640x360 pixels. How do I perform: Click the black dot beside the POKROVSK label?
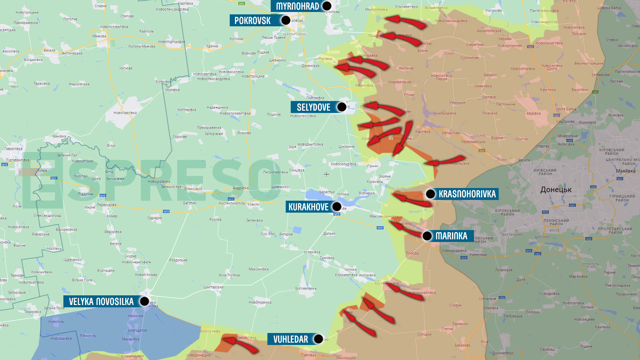coord(286,20)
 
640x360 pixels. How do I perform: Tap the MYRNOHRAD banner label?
coord(297,6)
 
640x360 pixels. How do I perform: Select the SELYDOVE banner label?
coord(313,107)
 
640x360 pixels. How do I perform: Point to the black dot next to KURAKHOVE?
coord(337,207)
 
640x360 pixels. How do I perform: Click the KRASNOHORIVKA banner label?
coord(467,194)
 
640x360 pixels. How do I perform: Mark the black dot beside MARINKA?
coord(427,236)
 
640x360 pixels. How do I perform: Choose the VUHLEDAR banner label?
coord(290,339)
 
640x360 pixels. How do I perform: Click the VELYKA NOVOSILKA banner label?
coord(101,302)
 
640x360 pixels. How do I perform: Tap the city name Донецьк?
coord(556,190)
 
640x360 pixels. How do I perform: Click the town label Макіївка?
coord(626,171)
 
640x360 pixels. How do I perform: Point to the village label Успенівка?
coord(312,252)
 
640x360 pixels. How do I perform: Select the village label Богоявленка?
coord(306,288)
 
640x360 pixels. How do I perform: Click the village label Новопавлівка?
coord(125,113)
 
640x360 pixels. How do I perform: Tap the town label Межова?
coord(99,36)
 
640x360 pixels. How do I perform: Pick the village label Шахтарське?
coord(213,287)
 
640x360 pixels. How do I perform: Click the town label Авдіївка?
coord(533,113)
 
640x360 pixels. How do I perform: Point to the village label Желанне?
coord(406,68)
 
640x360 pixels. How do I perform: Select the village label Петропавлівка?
coord(275,172)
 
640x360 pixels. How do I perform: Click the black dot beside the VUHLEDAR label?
coord(319,339)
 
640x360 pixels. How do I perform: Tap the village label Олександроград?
coord(47,215)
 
